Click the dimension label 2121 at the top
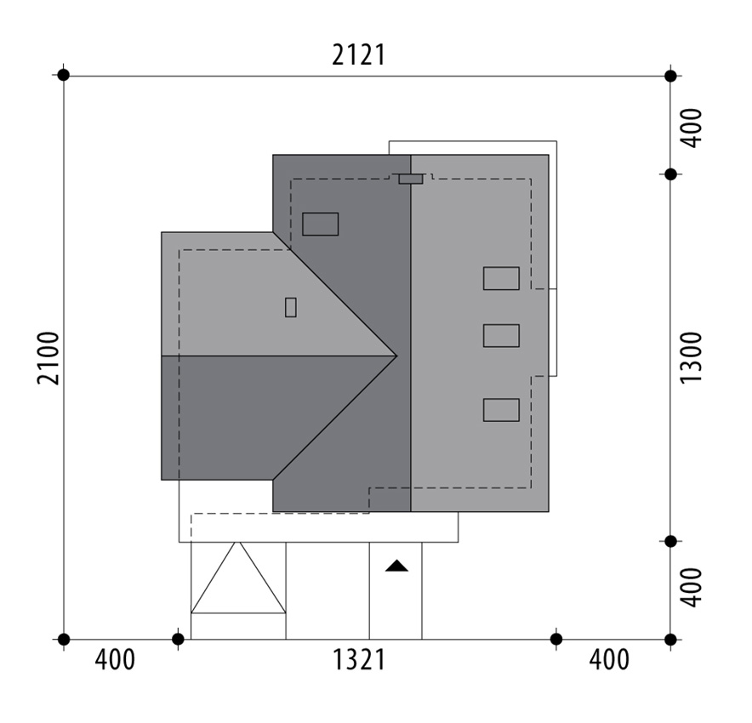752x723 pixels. pos(359,55)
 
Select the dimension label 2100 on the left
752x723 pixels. pos(48,358)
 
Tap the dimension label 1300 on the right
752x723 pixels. pos(691,357)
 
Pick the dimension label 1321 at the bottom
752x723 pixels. pos(359,660)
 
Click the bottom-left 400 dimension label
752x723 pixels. pos(115,660)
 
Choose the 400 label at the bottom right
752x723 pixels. pos(609,660)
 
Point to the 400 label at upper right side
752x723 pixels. pos(691,128)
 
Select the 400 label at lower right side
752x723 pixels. pos(691,588)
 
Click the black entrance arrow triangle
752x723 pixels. pos(396,566)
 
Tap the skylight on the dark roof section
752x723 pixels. pos(321,224)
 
